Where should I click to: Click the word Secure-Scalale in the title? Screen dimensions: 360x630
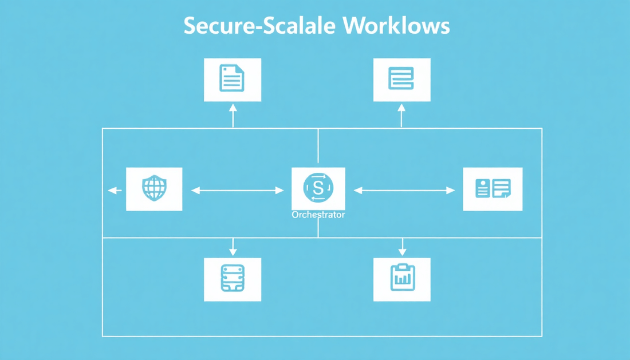pyautogui.click(x=259, y=27)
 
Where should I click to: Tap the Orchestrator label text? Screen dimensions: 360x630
pyautogui.click(x=318, y=215)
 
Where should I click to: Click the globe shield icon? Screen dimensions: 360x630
pyautogui.click(x=154, y=188)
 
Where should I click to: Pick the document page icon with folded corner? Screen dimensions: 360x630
pyautogui.click(x=232, y=79)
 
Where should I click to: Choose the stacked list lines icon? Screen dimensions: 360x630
pyautogui.click(x=401, y=79)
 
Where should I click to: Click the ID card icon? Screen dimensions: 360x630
pyautogui.click(x=493, y=188)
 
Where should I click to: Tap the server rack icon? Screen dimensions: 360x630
pyautogui.click(x=232, y=279)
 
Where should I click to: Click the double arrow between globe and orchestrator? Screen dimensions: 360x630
pyautogui.click(x=237, y=191)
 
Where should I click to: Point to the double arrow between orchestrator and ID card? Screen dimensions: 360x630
pyautogui.click(x=404, y=191)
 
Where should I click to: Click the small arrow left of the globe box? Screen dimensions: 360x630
pyautogui.click(x=115, y=191)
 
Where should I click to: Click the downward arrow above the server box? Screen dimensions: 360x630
pyautogui.click(x=233, y=247)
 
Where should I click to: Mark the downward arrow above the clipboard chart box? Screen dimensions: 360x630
pyautogui.click(x=402, y=247)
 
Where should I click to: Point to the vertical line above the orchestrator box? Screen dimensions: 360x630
pyautogui.click(x=318, y=148)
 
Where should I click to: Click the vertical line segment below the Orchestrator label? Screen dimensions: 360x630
pyautogui.click(x=318, y=229)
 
